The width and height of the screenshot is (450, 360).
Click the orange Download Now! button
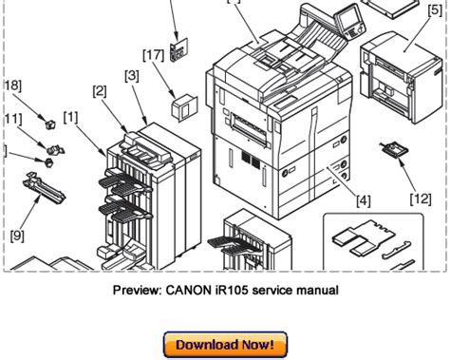tap(225, 345)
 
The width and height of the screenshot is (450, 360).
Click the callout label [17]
tap(154, 55)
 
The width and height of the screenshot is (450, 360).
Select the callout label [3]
tap(132, 76)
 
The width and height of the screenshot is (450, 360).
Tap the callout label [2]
tap(100, 91)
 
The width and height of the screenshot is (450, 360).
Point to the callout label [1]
tap(70, 118)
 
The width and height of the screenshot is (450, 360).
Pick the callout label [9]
tap(17, 236)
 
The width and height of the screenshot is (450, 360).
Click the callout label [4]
tap(364, 200)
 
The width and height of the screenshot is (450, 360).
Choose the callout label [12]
tap(421, 199)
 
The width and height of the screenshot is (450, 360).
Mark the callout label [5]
tap(435, 10)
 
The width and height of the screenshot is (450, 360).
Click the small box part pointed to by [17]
tap(184, 107)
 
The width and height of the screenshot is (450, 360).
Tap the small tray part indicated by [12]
tap(394, 148)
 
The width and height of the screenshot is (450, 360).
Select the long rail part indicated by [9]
tap(44, 188)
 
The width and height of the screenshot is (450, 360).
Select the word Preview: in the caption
tap(138, 290)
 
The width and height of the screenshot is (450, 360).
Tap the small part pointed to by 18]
tap(50, 124)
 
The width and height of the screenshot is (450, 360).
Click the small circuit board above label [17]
tap(178, 50)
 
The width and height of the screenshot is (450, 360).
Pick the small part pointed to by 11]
tap(55, 150)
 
